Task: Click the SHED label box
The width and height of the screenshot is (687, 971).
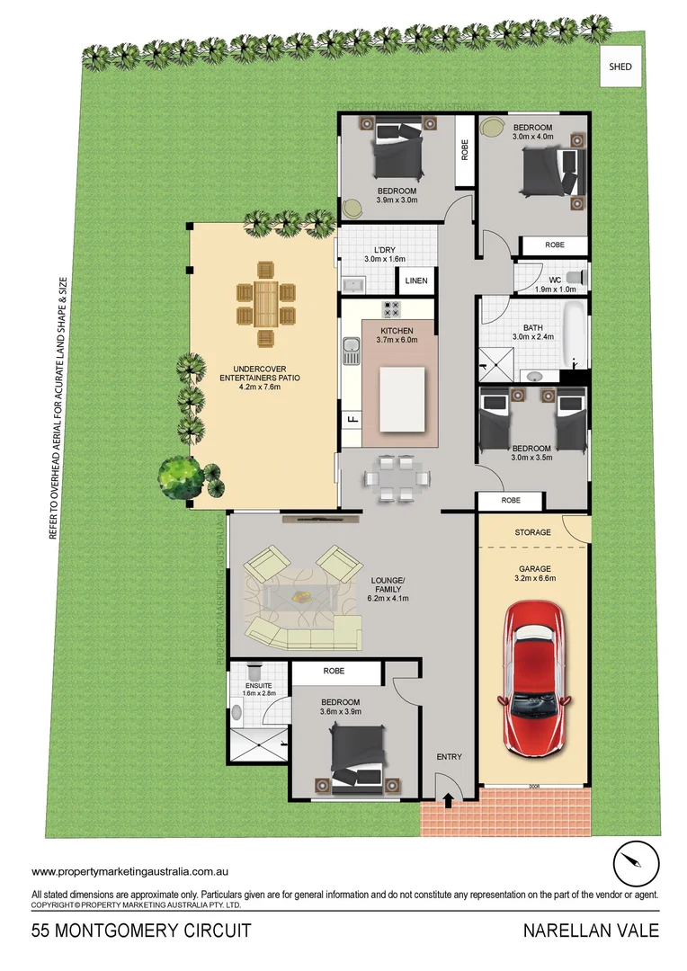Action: tap(620, 67)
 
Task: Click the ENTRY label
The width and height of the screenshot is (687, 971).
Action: tap(449, 757)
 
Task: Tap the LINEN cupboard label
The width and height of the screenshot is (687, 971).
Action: tap(415, 281)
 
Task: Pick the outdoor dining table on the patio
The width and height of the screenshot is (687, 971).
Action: tap(266, 303)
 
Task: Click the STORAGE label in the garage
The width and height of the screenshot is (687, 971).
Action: tap(532, 533)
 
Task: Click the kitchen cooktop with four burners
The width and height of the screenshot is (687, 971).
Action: tap(392, 309)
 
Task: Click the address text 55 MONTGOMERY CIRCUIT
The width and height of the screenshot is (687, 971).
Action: tap(141, 931)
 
